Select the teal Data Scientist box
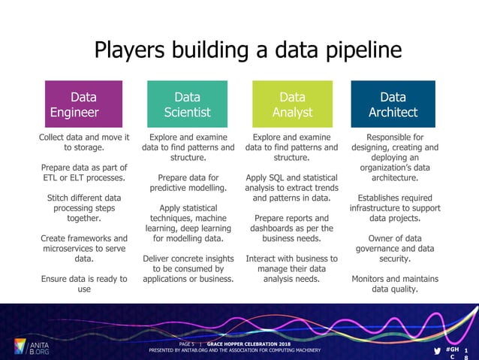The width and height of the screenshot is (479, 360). [x=188, y=104]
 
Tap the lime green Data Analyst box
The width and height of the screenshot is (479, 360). [x=291, y=104]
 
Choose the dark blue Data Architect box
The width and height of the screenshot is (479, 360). [x=393, y=104]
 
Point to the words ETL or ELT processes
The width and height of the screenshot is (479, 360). [x=84, y=178]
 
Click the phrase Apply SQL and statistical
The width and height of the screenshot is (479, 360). [x=291, y=178]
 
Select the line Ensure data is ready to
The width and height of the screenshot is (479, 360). [x=84, y=279]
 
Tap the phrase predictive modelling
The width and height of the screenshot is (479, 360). [x=188, y=188]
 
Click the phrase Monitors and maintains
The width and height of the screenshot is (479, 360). [x=394, y=279]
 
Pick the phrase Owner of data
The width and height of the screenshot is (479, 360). [x=394, y=238]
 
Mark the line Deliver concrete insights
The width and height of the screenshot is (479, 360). [x=188, y=259]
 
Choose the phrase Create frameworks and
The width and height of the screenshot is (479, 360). [x=84, y=238]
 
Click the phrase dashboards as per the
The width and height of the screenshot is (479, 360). [x=291, y=228]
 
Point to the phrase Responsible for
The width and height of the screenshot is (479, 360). [x=394, y=138]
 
